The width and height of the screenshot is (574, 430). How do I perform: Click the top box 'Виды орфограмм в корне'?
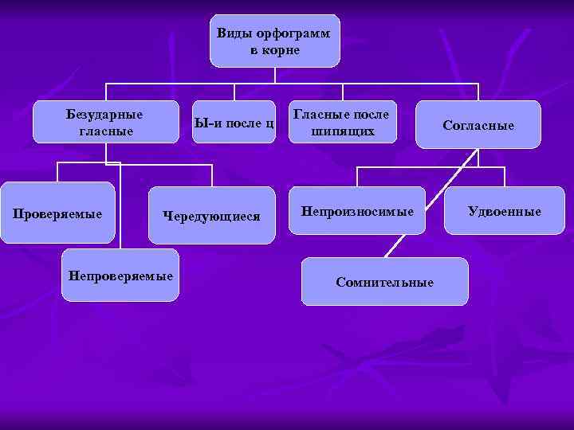pyautogui.click(x=274, y=41)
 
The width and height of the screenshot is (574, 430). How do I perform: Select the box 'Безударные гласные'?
pyautogui.click(x=106, y=122)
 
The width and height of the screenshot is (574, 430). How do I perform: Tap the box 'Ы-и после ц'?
pyautogui.click(x=234, y=123)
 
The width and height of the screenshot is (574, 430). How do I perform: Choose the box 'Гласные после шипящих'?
pyautogui.click(x=342, y=122)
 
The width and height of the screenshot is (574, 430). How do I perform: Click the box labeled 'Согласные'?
pyautogui.click(x=478, y=125)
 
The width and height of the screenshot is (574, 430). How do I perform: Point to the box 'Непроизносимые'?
pyautogui.click(x=356, y=212)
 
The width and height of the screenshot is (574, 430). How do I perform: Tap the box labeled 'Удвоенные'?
pyautogui.click(x=504, y=211)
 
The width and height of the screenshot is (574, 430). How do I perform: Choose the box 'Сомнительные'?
pyautogui.click(x=384, y=282)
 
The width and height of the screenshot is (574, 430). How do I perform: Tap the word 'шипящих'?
pyautogui.click(x=343, y=131)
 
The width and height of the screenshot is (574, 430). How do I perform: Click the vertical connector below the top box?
pyautogui.click(x=274, y=75)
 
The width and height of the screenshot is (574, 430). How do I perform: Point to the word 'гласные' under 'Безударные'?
pyautogui.click(x=106, y=131)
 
